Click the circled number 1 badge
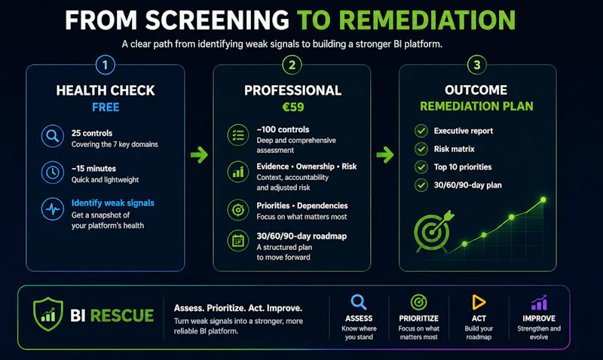coord(105,65)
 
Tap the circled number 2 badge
coord(292,65)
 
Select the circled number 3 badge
coord(477,65)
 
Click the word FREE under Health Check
coord(106,107)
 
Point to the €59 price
coord(293,107)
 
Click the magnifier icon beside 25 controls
coord(53,136)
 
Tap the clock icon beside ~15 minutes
coord(53,172)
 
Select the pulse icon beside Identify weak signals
coord(53,209)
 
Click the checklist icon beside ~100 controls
coord(238,136)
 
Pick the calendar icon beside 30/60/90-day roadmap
coord(238,241)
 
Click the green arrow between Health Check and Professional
coord(199,155)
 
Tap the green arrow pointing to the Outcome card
coord(385,155)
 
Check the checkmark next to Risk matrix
coord(421,148)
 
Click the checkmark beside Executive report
coord(421,130)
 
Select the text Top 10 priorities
coord(463,167)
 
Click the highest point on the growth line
coord(543,200)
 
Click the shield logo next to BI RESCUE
coord(48,314)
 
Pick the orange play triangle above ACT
coord(479,302)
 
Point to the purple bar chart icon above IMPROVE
coord(539,303)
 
